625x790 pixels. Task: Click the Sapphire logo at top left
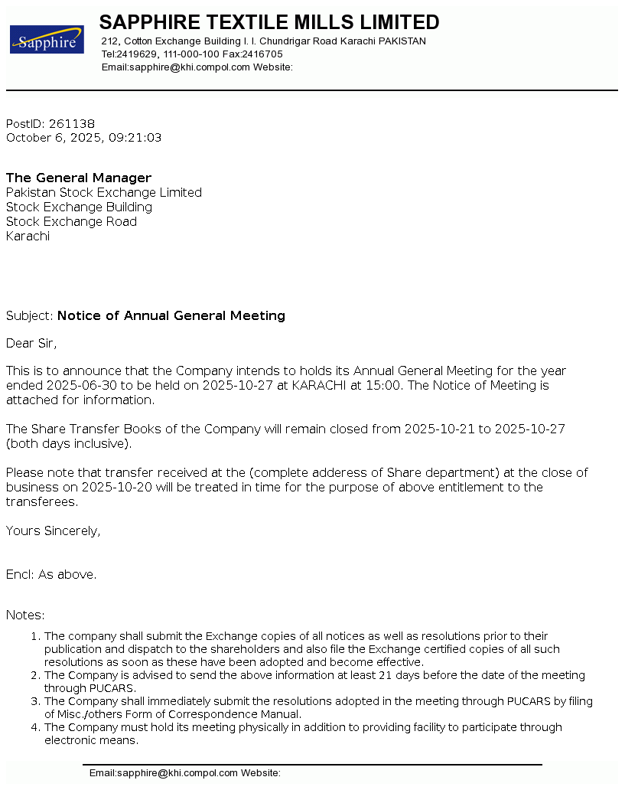click(47, 39)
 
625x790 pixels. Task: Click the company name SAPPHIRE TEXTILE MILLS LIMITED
click(269, 22)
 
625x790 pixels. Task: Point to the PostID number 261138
click(72, 124)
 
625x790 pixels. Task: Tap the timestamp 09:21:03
click(138, 138)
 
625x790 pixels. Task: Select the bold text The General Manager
click(79, 178)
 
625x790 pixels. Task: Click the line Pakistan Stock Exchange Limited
click(104, 193)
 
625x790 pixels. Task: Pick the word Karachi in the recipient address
click(28, 237)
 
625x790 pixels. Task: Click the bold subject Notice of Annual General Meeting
click(171, 316)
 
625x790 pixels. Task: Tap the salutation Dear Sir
click(31, 343)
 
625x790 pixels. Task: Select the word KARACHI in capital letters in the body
click(318, 386)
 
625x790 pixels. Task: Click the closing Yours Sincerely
click(53, 530)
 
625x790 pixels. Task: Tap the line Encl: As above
click(51, 574)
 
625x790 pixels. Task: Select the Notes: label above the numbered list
click(25, 615)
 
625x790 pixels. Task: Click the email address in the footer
click(163, 773)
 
